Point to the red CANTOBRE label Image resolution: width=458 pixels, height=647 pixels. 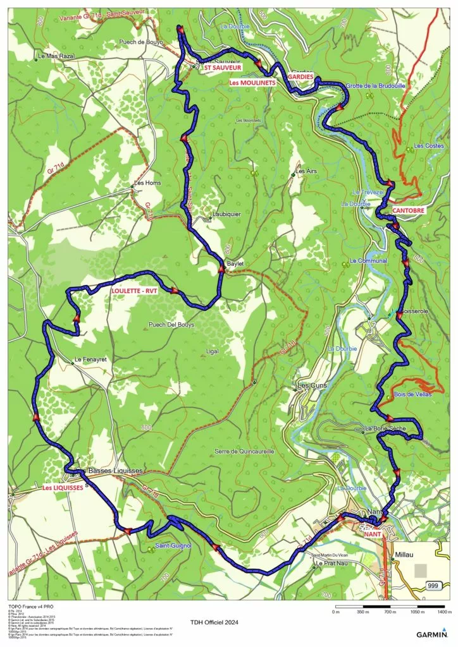(408, 209)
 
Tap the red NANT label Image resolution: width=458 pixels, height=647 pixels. (373, 533)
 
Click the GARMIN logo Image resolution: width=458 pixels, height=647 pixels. (433, 634)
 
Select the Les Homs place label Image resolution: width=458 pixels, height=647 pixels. (147, 184)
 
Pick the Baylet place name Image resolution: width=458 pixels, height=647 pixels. (235, 263)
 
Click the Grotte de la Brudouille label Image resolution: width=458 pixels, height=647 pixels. (375, 85)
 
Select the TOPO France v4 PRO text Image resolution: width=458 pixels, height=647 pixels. (31, 605)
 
